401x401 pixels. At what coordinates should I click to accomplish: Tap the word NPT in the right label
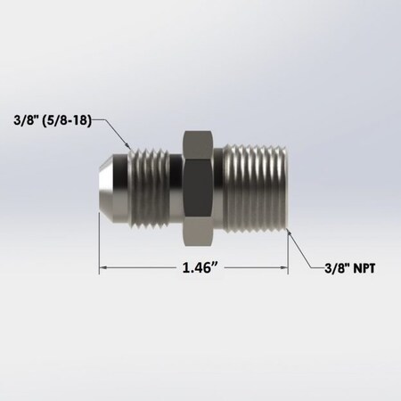pyautogui.click(x=364, y=275)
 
